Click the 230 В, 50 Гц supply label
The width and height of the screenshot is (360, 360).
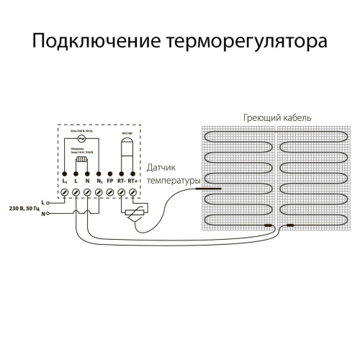(24, 207)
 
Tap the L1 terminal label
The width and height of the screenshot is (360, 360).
(64, 185)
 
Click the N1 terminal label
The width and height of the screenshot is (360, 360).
(98, 185)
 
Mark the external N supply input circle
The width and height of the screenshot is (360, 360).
(50, 214)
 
